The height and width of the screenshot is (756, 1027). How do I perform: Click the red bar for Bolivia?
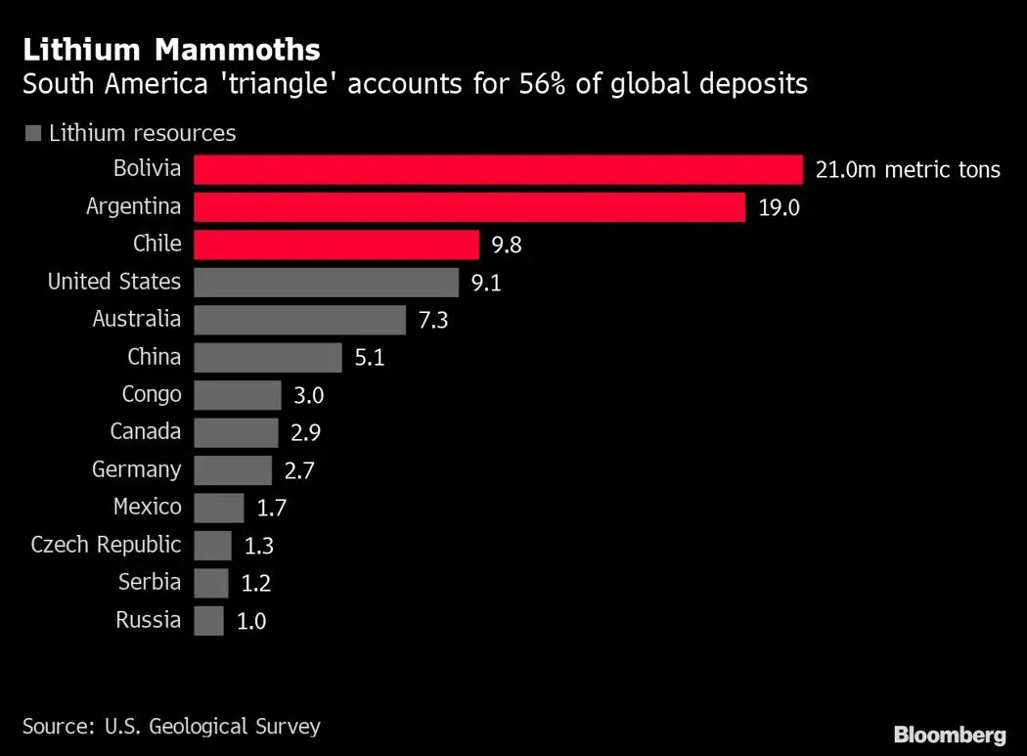click(x=498, y=169)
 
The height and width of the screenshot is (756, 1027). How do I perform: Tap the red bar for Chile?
click(x=336, y=245)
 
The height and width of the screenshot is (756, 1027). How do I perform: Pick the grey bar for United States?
click(x=326, y=283)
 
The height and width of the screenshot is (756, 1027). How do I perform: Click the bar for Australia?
click(x=299, y=320)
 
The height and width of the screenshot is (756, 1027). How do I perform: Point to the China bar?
click(x=268, y=357)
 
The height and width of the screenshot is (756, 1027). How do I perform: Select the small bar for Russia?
click(x=208, y=620)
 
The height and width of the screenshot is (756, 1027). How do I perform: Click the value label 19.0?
click(x=779, y=207)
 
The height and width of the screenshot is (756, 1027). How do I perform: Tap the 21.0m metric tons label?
click(x=908, y=170)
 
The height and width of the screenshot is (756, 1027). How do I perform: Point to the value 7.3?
click(x=432, y=320)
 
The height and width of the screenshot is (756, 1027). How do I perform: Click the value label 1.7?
click(x=271, y=508)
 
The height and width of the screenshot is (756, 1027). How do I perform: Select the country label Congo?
click(x=152, y=394)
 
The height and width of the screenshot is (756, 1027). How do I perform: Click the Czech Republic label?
click(x=106, y=545)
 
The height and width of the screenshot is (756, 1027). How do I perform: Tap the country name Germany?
click(x=137, y=469)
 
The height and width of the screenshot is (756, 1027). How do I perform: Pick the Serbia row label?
click(x=150, y=582)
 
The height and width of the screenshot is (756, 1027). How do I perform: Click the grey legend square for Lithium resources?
click(x=31, y=134)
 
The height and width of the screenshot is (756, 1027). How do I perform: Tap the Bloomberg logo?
click(x=949, y=734)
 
